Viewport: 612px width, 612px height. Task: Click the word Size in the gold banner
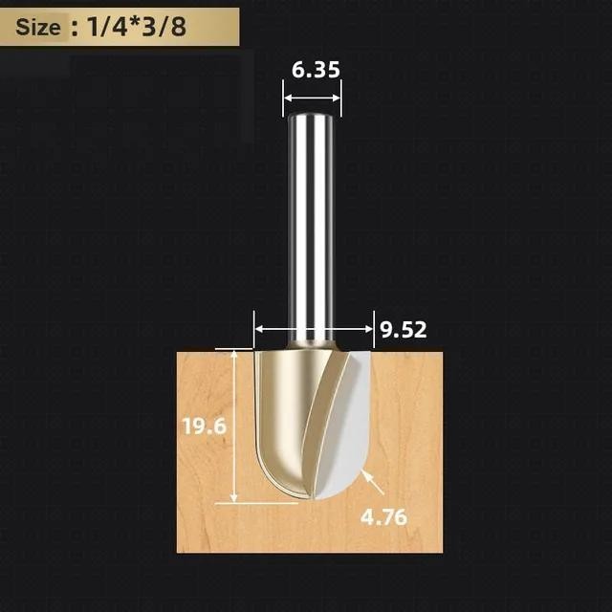click(38, 28)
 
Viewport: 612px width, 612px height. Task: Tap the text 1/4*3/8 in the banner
click(136, 27)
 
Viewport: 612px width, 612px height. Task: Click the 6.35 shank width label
click(316, 70)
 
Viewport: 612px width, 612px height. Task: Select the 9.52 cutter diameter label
click(404, 330)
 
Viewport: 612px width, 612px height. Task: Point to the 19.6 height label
click(205, 426)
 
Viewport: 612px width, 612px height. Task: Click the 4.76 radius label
click(383, 517)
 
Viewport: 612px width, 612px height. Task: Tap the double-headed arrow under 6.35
click(313, 98)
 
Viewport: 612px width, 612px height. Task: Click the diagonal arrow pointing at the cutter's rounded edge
click(373, 482)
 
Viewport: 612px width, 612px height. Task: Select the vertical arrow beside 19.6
click(233, 426)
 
